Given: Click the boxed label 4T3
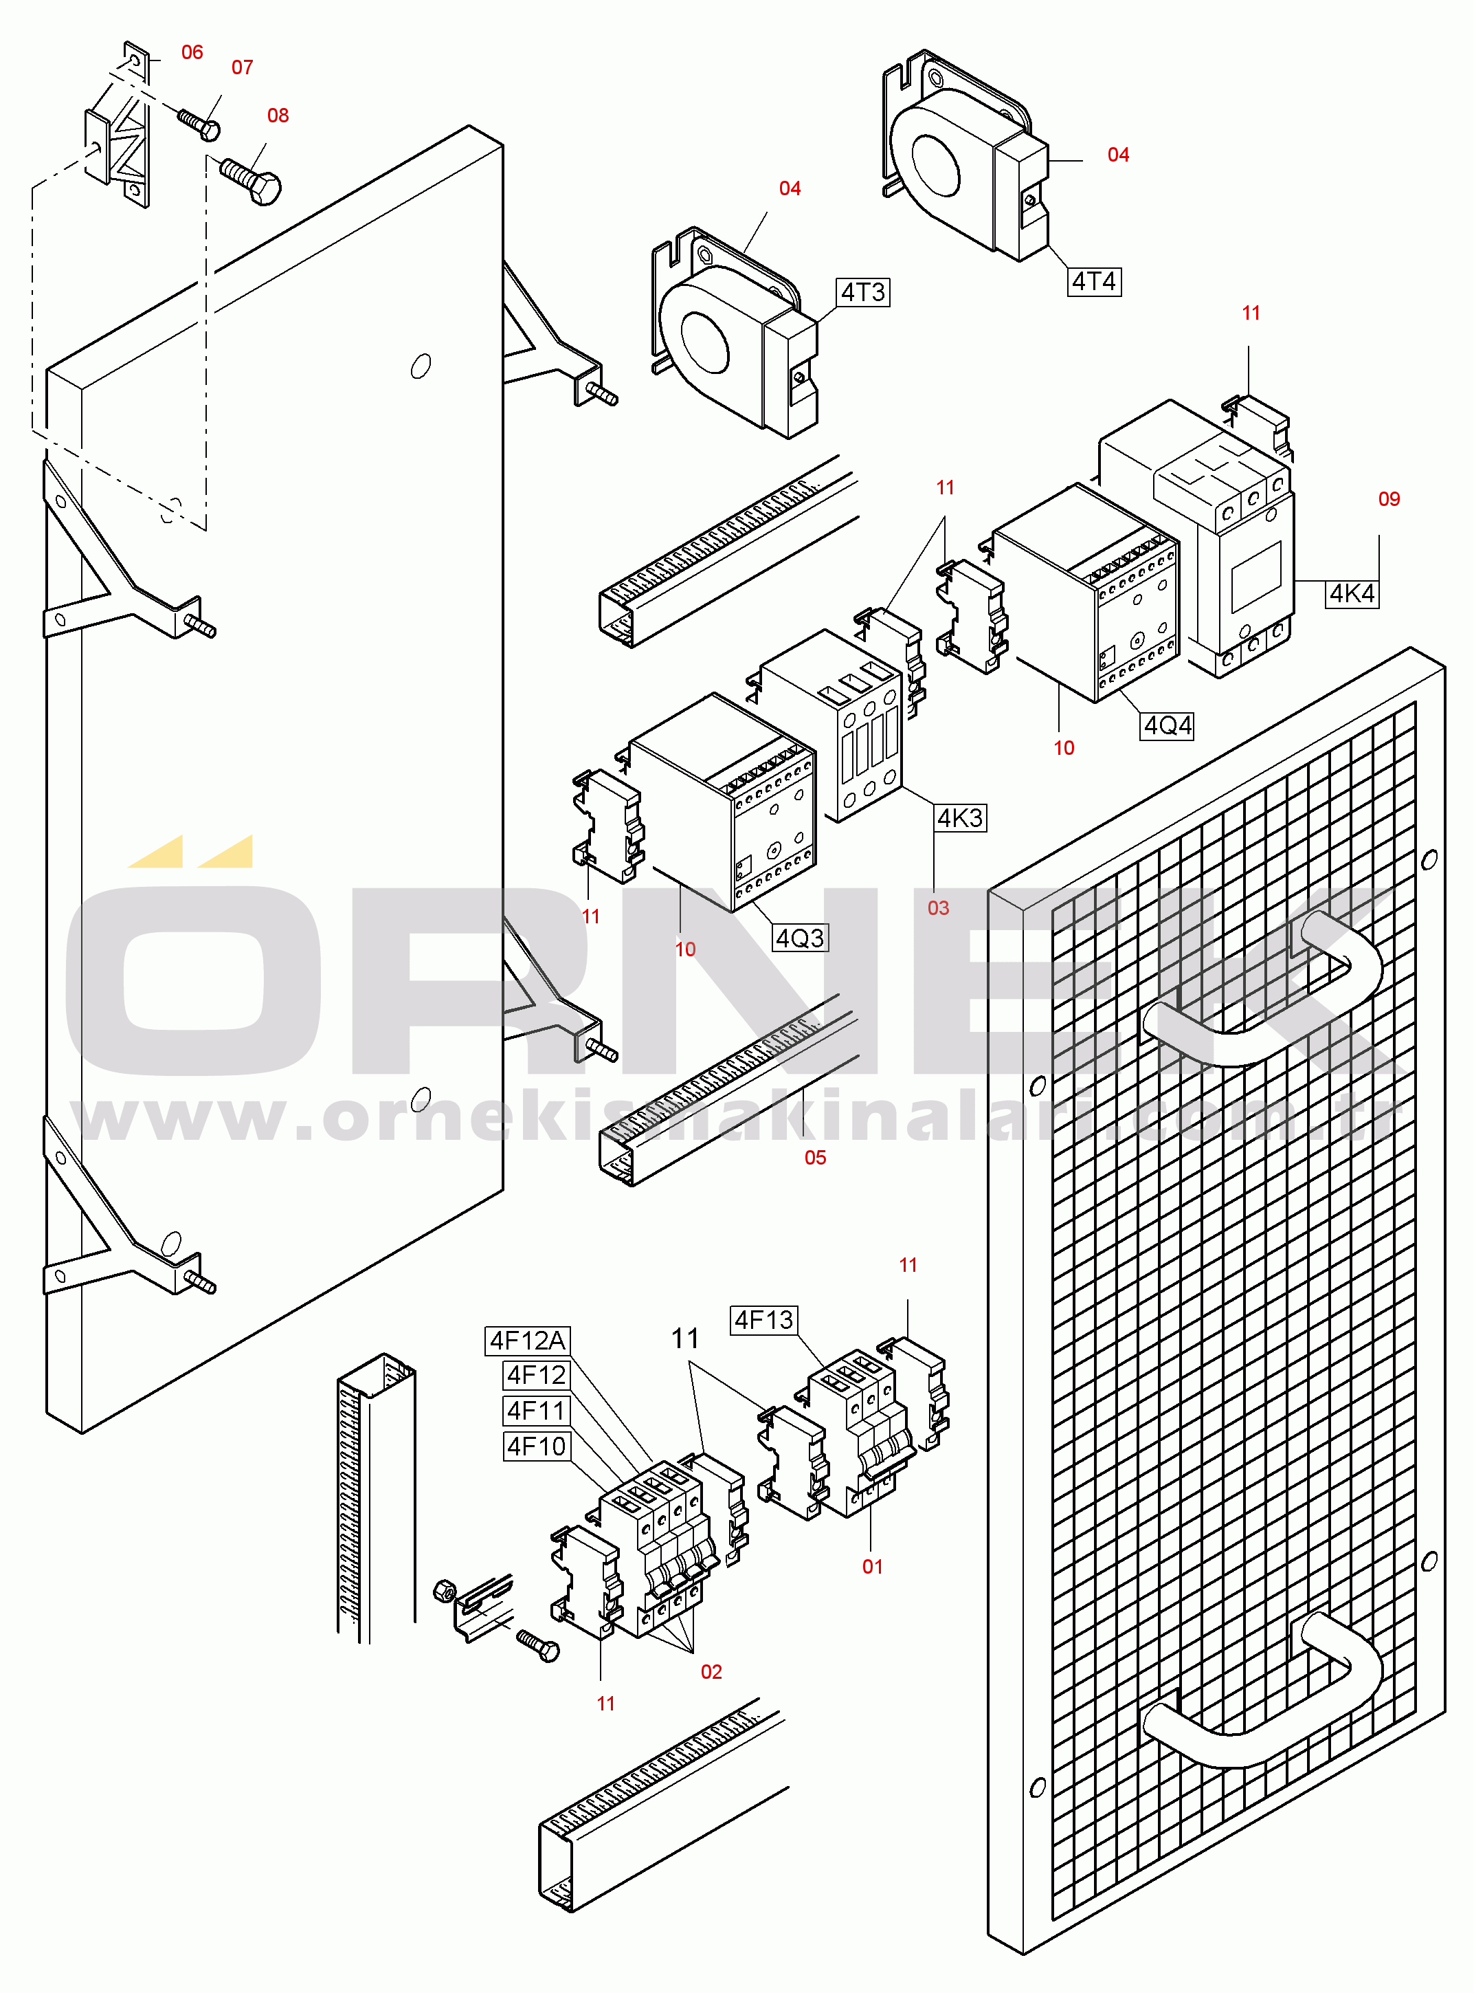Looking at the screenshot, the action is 863,292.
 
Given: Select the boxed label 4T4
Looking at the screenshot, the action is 1094,281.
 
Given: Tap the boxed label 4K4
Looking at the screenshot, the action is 1352,593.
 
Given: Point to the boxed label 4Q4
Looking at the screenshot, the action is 1167,725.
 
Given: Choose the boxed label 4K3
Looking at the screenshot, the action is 960,817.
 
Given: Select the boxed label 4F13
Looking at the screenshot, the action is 763,1319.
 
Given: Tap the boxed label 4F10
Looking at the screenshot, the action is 536,1446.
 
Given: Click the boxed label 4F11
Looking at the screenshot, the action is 536,1410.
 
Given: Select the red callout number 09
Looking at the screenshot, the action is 1389,500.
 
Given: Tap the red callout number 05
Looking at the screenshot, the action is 816,1158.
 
